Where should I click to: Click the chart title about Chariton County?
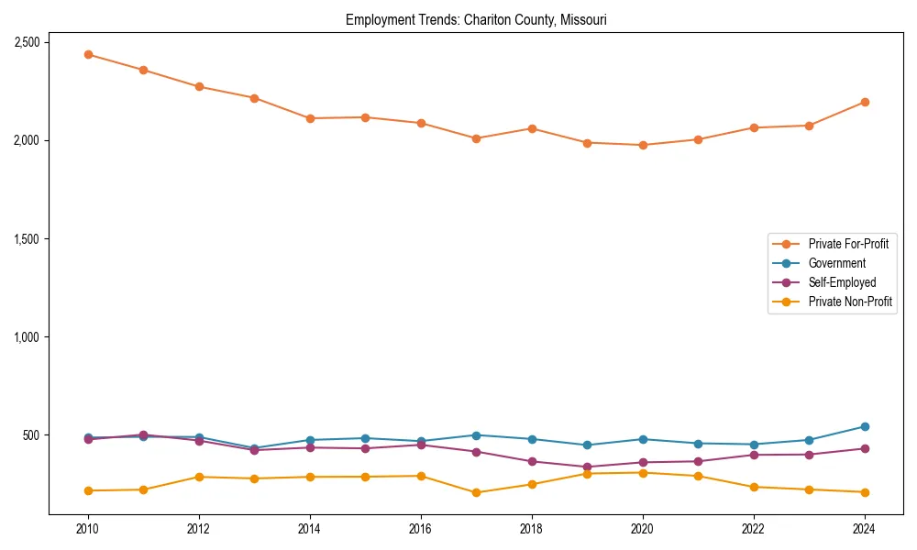476,19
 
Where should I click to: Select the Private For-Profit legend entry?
848,244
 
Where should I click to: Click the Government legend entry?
836,263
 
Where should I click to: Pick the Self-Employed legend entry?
842,282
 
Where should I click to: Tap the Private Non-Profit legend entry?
850,302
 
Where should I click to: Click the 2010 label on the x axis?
88,529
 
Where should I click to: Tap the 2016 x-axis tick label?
420,529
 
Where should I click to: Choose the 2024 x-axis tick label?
864,529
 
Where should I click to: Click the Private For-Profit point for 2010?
88,54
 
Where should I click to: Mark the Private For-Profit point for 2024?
864,102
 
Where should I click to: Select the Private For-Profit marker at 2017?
476,138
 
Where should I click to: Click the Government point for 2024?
864,426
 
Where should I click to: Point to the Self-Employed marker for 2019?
587,467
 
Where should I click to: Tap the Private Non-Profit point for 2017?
476,492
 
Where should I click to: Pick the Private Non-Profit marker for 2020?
642,472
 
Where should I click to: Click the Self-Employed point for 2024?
864,448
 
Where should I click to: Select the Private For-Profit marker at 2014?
310,118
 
